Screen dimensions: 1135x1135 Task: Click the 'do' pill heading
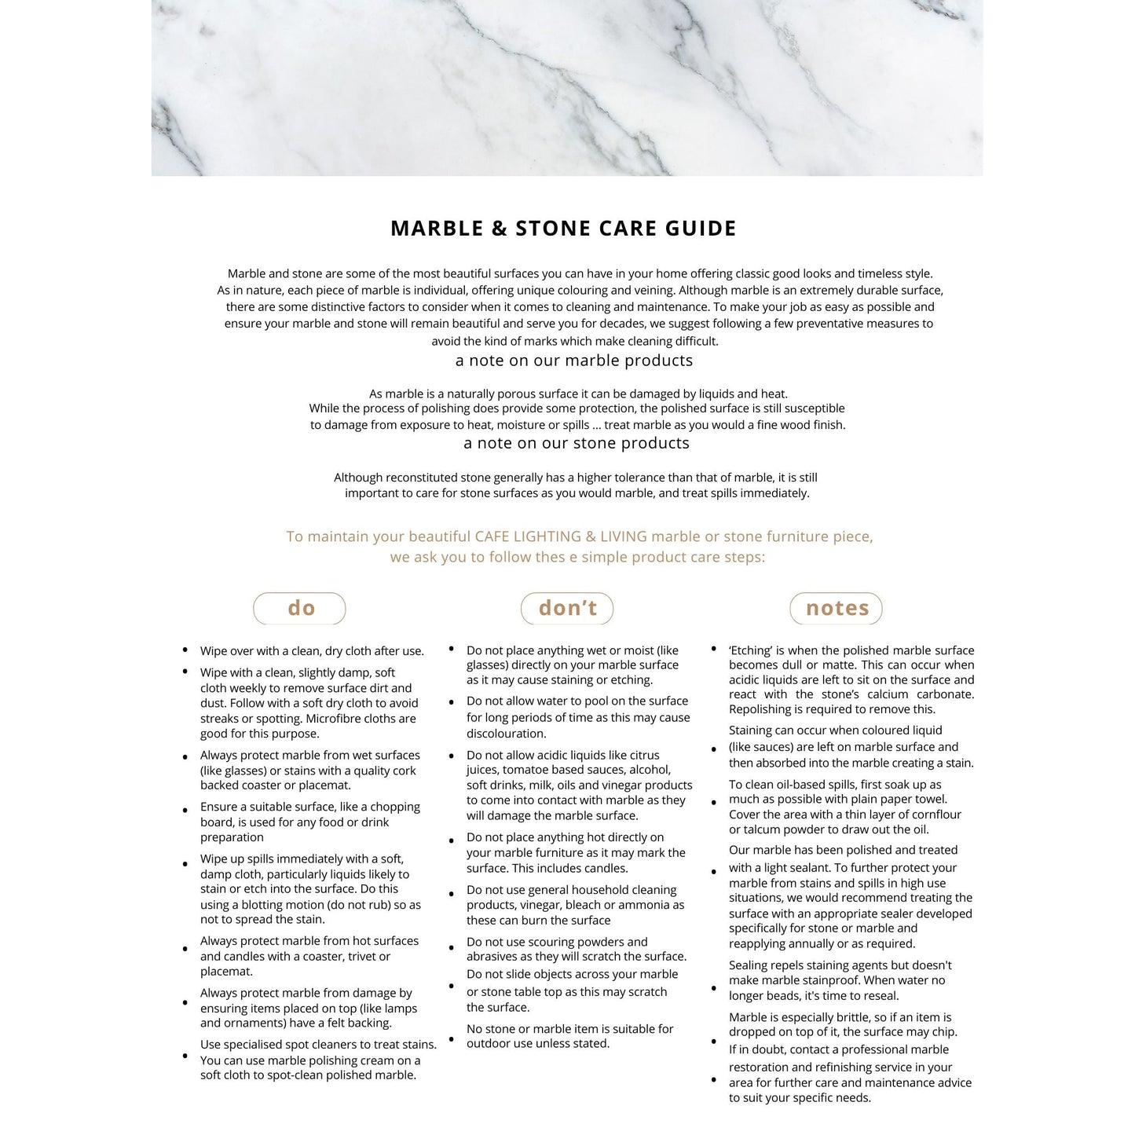[300, 608]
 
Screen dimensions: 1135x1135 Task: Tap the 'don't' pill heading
[567, 608]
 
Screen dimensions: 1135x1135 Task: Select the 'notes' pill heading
[837, 608]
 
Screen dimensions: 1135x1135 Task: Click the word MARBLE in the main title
[437, 229]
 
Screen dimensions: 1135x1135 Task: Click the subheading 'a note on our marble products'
[573, 361]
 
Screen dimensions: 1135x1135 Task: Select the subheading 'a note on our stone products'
[576, 443]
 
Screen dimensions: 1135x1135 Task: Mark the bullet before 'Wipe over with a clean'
[185, 650]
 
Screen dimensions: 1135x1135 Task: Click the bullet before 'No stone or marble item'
[452, 1039]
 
